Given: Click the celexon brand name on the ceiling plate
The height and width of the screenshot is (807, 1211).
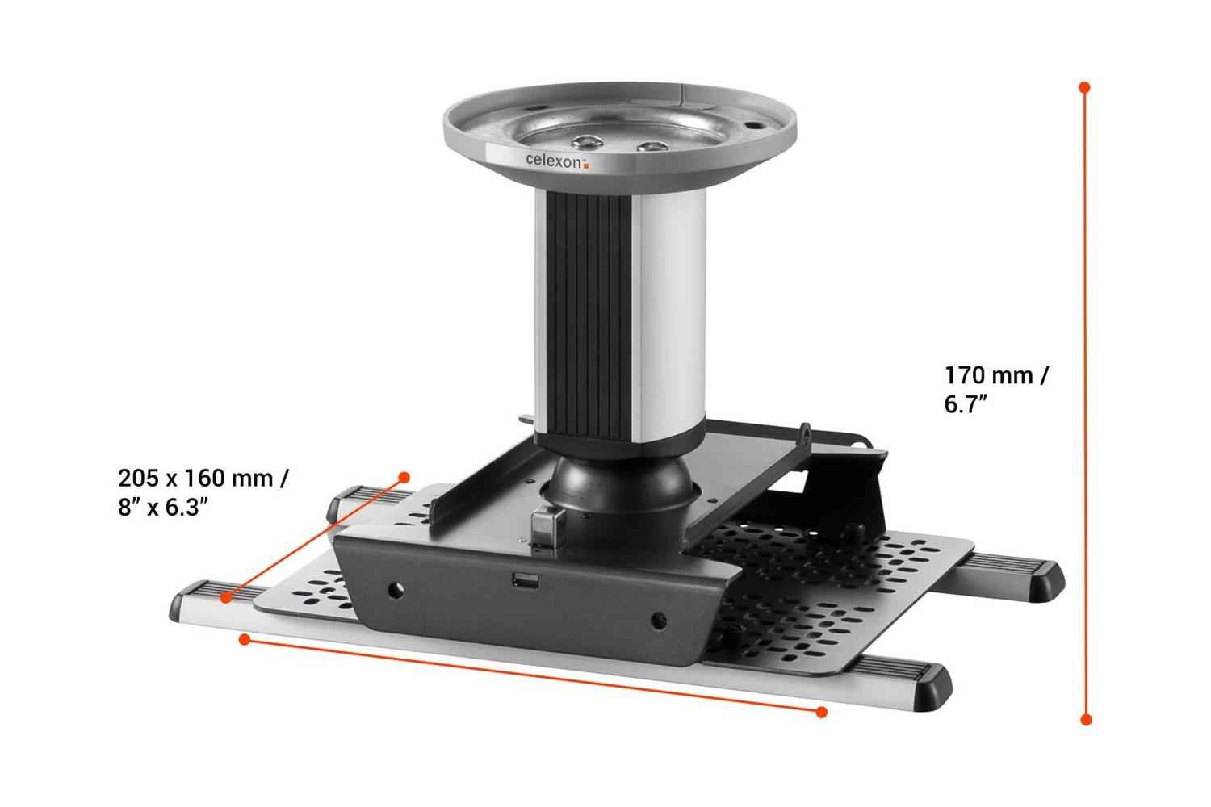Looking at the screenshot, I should click(552, 160).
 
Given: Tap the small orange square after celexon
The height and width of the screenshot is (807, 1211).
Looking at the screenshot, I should click(587, 166).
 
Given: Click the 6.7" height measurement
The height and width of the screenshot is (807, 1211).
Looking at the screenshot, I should click(967, 404).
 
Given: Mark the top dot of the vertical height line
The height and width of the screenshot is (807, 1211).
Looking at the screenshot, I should click(1085, 86).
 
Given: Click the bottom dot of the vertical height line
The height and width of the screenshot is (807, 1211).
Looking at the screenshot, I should click(1086, 719).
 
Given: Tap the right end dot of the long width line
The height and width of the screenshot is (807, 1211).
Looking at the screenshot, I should click(821, 712).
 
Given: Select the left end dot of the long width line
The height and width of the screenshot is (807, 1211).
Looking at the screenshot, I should click(243, 640).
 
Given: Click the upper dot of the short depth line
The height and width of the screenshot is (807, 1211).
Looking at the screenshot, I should click(404, 478).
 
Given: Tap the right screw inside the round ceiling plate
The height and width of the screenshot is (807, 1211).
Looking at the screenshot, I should click(650, 148).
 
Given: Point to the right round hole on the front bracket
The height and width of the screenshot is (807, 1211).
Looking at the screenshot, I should click(660, 621).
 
